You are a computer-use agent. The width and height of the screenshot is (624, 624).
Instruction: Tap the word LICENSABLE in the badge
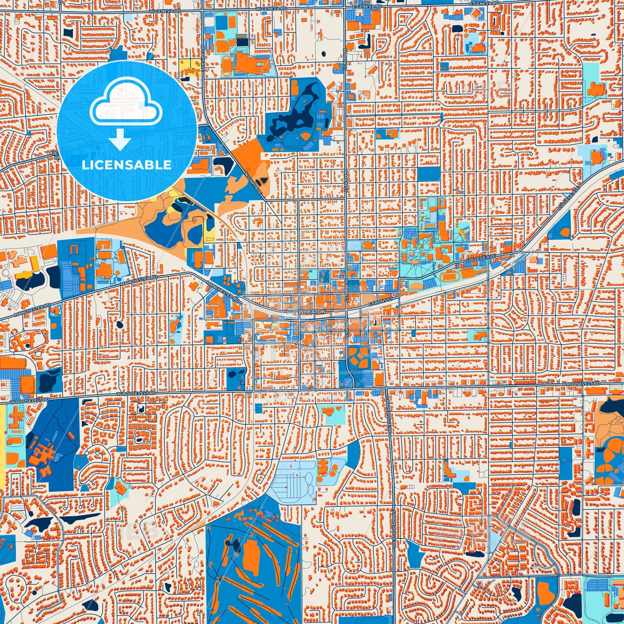127,165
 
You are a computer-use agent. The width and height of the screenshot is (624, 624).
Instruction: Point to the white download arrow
120,139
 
